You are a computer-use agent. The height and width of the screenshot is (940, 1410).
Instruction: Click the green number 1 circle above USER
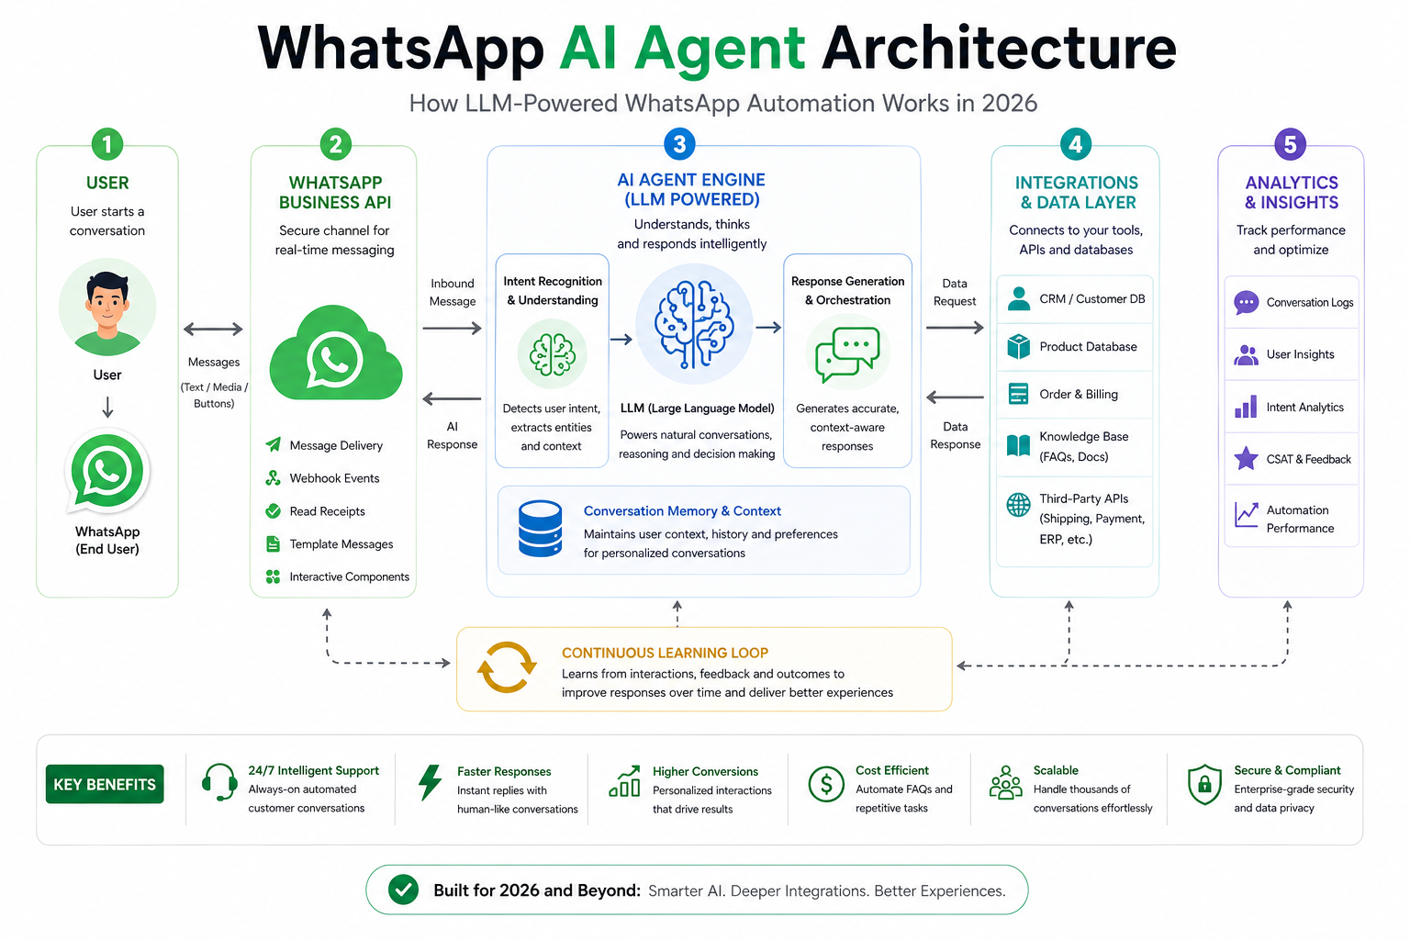(107, 144)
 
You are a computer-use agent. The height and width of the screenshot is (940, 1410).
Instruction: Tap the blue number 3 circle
(679, 144)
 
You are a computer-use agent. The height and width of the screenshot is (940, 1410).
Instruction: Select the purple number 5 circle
(1290, 144)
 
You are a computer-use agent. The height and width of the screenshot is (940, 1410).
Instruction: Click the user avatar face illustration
(107, 307)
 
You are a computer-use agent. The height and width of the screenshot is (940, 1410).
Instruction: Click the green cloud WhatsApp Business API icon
(335, 355)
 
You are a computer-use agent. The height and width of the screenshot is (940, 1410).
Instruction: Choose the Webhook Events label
(334, 478)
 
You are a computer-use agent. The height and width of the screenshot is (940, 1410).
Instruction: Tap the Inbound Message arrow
(452, 328)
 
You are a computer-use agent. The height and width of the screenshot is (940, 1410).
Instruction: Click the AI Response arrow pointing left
(452, 398)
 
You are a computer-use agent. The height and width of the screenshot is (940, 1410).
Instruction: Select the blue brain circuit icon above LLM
(694, 325)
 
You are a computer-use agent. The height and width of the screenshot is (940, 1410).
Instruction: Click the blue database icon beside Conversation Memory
(540, 529)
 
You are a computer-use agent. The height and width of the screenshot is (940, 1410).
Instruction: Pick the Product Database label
(1088, 347)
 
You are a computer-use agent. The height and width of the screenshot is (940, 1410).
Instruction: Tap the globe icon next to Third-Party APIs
(1018, 504)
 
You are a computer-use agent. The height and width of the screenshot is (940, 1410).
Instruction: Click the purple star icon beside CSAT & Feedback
(1246, 458)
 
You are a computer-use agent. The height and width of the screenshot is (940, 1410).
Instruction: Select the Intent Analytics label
(1304, 408)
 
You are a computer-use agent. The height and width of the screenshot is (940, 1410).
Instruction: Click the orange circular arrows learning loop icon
(506, 667)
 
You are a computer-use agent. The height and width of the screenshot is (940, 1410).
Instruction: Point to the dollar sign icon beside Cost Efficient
(826, 785)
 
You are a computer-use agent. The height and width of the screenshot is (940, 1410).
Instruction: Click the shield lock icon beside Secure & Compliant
(1204, 785)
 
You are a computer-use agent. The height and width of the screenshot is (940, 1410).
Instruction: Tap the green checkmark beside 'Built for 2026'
(403, 890)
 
